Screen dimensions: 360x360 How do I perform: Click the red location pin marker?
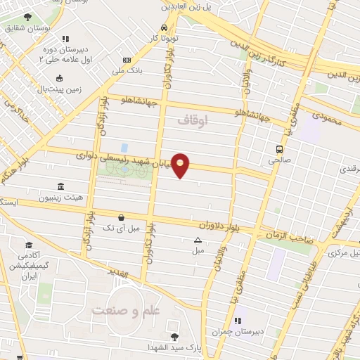click(x=181, y=165)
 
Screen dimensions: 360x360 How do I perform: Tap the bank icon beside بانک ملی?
click(x=127, y=60)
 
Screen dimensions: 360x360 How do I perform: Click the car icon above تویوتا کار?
click(x=163, y=27)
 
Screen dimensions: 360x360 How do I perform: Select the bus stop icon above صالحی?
click(x=280, y=150)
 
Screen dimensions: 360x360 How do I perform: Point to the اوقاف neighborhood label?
click(x=193, y=121)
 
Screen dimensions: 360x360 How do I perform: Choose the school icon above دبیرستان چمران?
click(x=238, y=321)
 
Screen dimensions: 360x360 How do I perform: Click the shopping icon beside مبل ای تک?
click(x=123, y=217)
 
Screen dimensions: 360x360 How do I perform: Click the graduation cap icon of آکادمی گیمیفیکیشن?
click(x=30, y=245)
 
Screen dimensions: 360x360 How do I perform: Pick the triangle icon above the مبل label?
click(x=198, y=240)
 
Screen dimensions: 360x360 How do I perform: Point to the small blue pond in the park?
click(x=124, y=148)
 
